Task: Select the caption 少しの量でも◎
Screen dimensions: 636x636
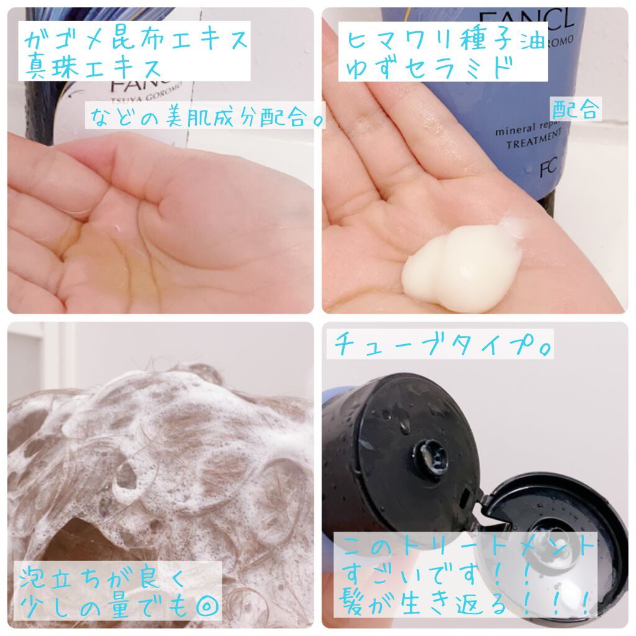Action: point(112,603)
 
